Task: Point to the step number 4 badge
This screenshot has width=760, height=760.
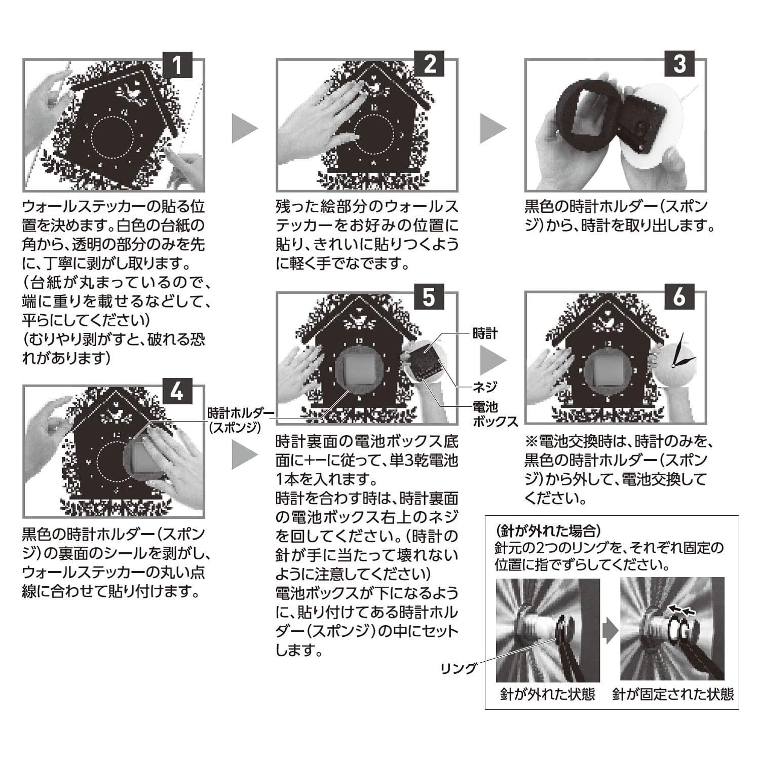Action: click(x=177, y=391)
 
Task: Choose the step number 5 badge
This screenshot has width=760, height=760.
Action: click(x=430, y=297)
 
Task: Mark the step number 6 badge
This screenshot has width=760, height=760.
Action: click(x=679, y=297)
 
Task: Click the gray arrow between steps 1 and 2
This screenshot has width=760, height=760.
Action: click(x=245, y=129)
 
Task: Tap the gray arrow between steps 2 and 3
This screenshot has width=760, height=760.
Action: click(x=493, y=129)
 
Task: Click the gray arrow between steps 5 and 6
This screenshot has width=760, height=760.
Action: click(x=493, y=360)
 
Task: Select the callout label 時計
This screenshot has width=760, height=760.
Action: click(x=485, y=333)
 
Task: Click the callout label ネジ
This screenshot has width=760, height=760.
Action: click(x=485, y=387)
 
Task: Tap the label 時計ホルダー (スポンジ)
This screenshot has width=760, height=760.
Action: click(x=235, y=419)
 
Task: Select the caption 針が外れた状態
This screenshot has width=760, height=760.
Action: click(x=547, y=694)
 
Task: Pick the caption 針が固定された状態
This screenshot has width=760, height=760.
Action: click(x=673, y=694)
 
